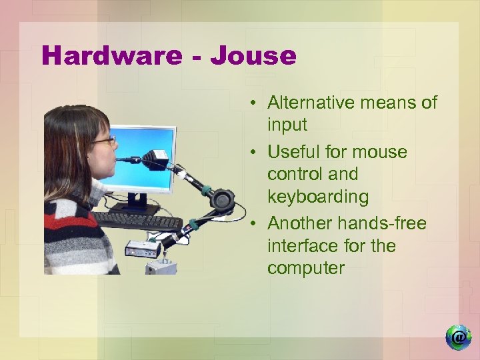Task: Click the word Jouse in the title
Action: [x=253, y=55]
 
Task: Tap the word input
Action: [x=287, y=125]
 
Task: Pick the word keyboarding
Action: [x=317, y=197]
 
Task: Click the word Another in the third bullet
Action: [x=299, y=223]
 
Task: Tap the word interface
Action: [x=302, y=246]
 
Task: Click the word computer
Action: [x=305, y=269]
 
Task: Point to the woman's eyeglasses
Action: [x=104, y=141]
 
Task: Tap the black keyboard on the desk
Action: [x=137, y=221]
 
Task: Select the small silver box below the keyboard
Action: [x=142, y=249]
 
